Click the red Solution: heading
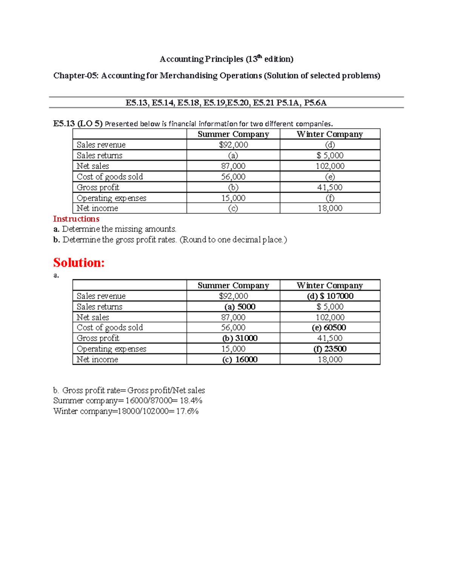coord(79,263)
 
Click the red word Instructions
coord(76,219)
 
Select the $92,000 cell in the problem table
coord(233,145)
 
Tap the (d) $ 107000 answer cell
coord(330,296)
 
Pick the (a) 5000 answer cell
coord(240,306)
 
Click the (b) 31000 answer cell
coord(240,338)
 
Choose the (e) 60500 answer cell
coord(329,328)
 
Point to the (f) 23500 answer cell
coord(330,349)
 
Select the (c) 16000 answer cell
coord(240,359)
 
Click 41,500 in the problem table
coord(330,187)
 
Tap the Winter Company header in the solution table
coord(330,285)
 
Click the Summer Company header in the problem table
coord(233,134)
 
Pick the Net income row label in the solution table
coord(97,359)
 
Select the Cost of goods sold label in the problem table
coord(110,177)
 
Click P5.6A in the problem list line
coord(315,103)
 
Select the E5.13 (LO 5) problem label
coord(78,123)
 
